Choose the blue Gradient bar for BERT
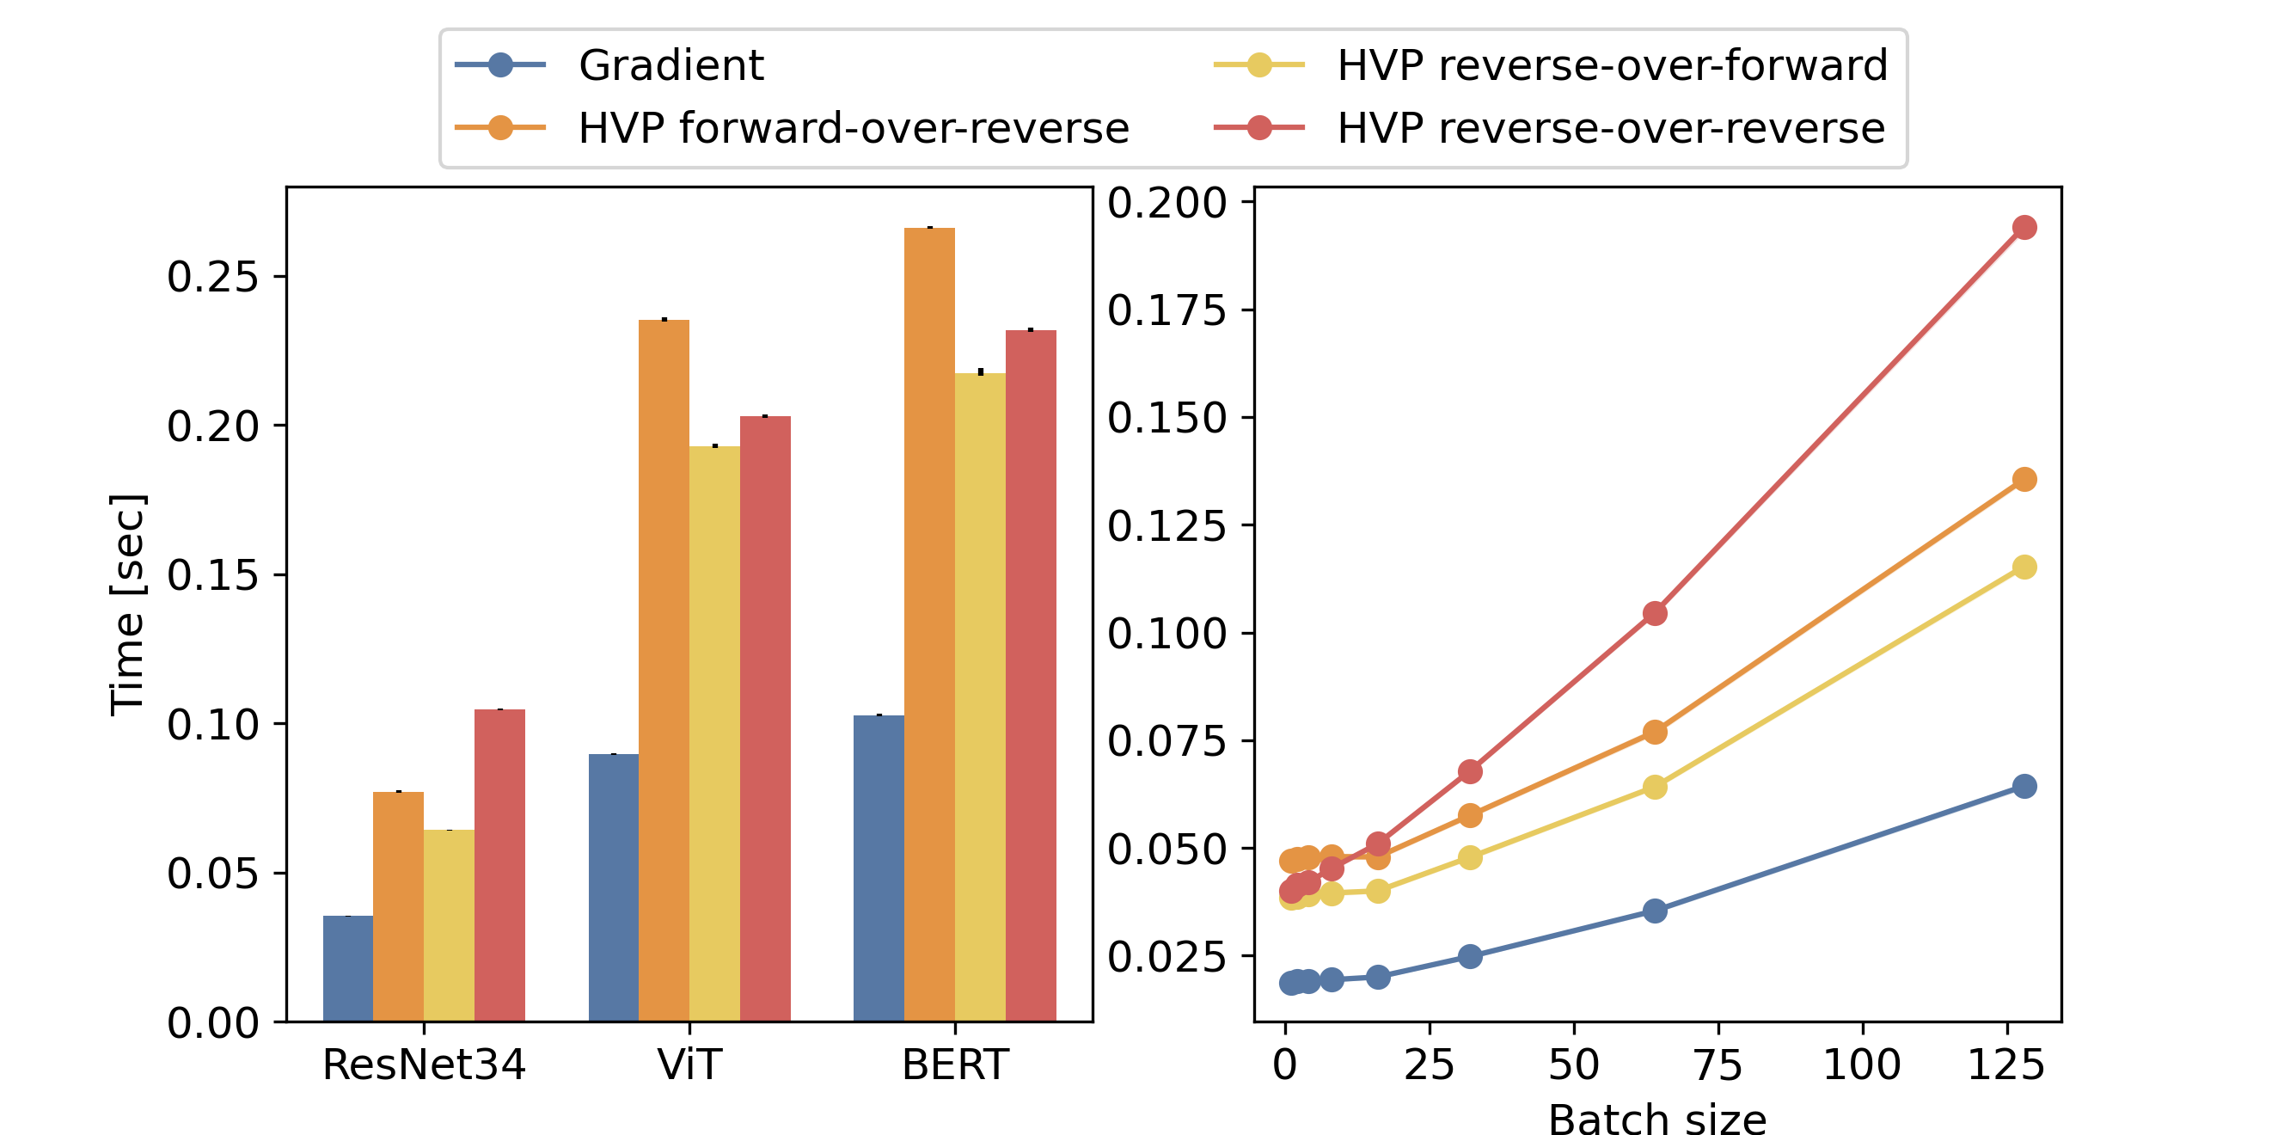(x=879, y=868)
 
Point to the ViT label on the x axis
(x=689, y=1064)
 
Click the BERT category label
(x=955, y=1064)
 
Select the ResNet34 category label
(x=424, y=1064)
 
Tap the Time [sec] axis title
(x=127, y=604)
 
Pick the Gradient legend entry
(x=670, y=65)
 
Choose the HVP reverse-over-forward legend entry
(x=1612, y=65)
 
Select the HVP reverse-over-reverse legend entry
(x=1611, y=128)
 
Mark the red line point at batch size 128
(x=2024, y=228)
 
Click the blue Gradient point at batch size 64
(x=1655, y=911)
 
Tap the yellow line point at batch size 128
(x=2024, y=567)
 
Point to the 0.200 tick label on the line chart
(x=1166, y=203)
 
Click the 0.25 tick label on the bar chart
(x=212, y=277)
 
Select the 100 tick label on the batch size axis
(x=1862, y=1064)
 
